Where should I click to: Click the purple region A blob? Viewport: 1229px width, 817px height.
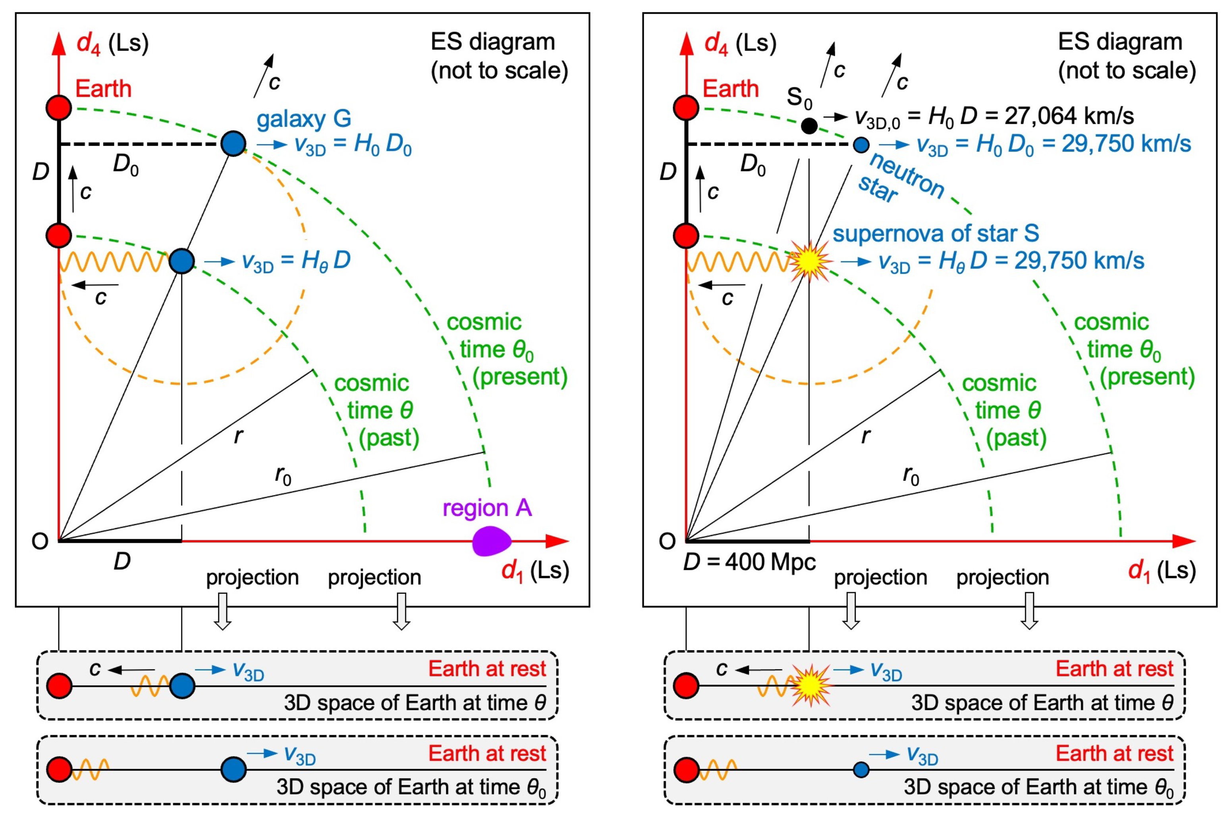point(491,541)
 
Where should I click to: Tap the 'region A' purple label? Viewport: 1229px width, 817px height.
point(487,508)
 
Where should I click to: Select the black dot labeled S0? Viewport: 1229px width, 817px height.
point(809,125)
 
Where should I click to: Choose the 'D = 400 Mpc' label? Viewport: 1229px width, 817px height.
point(749,562)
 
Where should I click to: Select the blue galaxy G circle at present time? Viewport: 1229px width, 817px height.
point(233,144)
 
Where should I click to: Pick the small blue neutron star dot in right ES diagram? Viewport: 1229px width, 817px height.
point(861,144)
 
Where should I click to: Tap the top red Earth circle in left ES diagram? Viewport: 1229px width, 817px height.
point(58,108)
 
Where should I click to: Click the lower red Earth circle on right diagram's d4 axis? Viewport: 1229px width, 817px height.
point(686,236)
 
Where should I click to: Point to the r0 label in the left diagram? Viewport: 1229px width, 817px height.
point(283,475)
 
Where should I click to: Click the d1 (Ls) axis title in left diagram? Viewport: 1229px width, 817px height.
point(535,571)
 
